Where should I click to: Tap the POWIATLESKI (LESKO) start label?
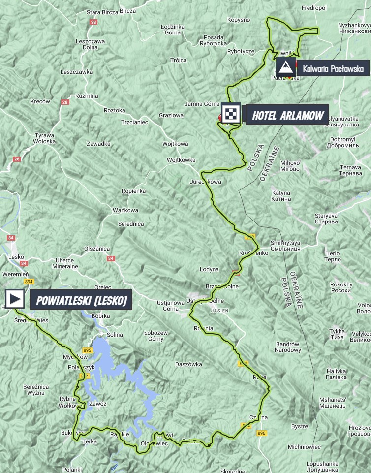point(81,299)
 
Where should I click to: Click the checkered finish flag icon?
point(231,113)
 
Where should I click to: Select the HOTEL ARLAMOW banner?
point(287,116)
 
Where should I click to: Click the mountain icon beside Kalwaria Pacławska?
point(286,67)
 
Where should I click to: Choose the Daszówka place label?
point(188,364)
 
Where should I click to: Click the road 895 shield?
point(88,350)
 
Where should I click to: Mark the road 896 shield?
point(261,433)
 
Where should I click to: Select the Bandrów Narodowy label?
point(287,347)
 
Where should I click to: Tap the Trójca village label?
point(178,60)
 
